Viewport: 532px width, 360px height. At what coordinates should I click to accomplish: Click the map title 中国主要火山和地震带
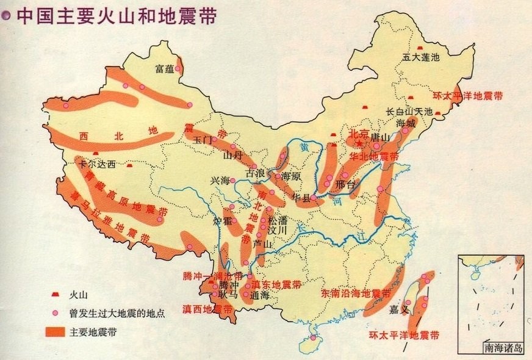[116, 15]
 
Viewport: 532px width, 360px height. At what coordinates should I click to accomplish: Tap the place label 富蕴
[165, 68]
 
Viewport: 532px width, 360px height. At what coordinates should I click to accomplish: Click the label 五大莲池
[421, 58]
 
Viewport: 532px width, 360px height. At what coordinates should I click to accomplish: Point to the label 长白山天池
[409, 112]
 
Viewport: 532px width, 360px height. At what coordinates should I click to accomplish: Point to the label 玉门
[202, 140]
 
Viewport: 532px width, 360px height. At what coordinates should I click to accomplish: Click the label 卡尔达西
[97, 165]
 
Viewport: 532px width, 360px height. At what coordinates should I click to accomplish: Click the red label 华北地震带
[374, 157]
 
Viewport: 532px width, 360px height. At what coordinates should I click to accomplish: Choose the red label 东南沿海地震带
[356, 293]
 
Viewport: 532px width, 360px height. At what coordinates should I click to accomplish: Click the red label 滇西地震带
[207, 309]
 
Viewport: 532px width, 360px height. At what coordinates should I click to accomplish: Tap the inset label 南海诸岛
[503, 349]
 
